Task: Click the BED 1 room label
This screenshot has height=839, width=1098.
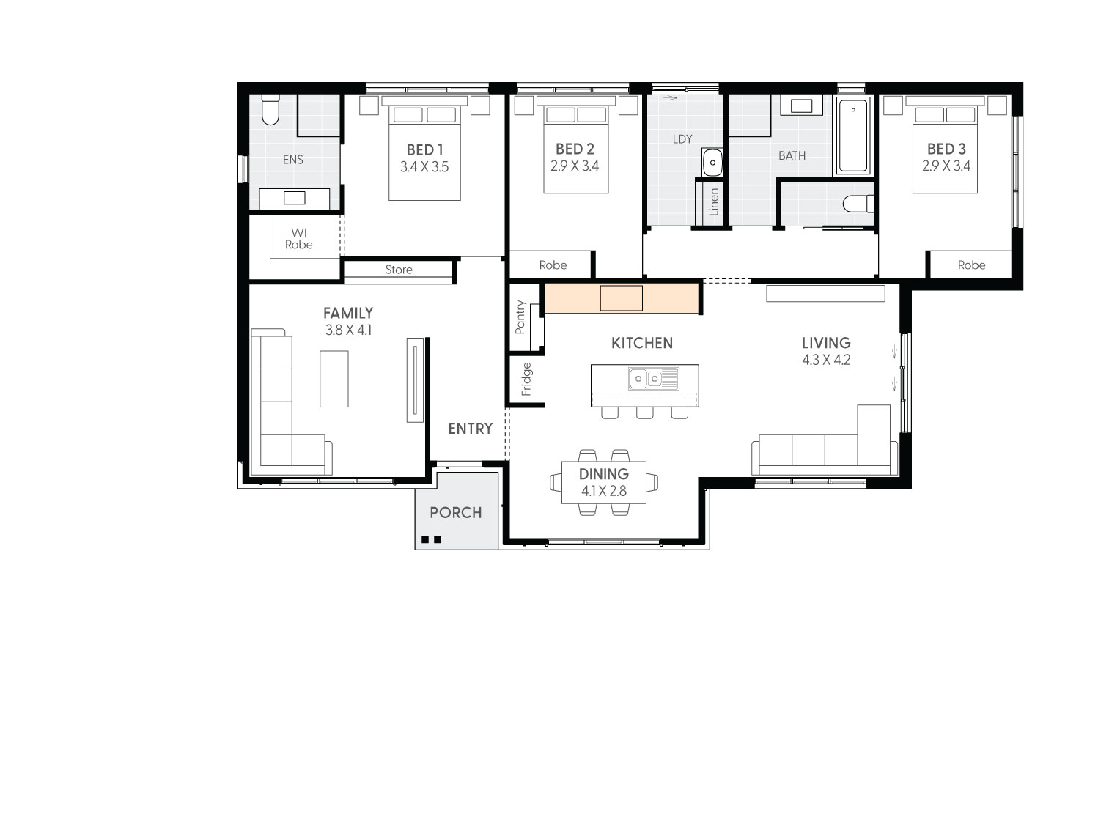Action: [x=424, y=150]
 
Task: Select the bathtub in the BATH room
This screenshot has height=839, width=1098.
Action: [x=852, y=136]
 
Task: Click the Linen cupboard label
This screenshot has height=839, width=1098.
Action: [x=714, y=202]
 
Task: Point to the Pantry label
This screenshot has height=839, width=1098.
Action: [x=520, y=317]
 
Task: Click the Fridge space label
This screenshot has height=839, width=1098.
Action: [x=526, y=380]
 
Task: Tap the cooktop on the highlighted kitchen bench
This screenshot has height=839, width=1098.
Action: [x=621, y=298]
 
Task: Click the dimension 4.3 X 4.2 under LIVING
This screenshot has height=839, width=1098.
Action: [x=826, y=360]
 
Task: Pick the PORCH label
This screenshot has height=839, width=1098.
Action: [x=456, y=513]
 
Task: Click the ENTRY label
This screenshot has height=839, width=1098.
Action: [x=470, y=429]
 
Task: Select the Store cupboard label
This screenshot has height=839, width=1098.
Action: [x=399, y=270]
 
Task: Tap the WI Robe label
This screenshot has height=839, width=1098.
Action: [x=298, y=239]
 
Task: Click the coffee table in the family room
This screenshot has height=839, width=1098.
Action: [x=334, y=379]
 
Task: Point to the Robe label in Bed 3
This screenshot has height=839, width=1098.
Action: [x=971, y=265]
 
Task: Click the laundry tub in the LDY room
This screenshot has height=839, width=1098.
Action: [x=712, y=163]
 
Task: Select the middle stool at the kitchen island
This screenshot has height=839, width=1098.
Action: [x=645, y=413]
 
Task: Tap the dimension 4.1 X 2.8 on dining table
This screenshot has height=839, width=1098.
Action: [x=604, y=491]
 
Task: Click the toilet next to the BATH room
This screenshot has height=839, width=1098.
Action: [x=857, y=203]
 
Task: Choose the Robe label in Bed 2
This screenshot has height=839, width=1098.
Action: [x=553, y=265]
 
